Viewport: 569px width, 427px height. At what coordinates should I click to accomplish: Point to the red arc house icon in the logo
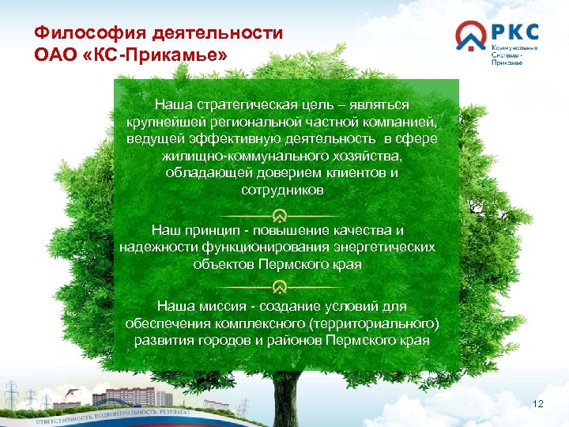click(x=471, y=36)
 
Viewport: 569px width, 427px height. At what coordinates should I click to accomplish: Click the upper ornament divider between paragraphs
click(x=280, y=215)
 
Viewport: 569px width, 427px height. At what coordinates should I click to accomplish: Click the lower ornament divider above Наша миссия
click(x=280, y=289)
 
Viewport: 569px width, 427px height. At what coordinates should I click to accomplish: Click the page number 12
click(x=539, y=405)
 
